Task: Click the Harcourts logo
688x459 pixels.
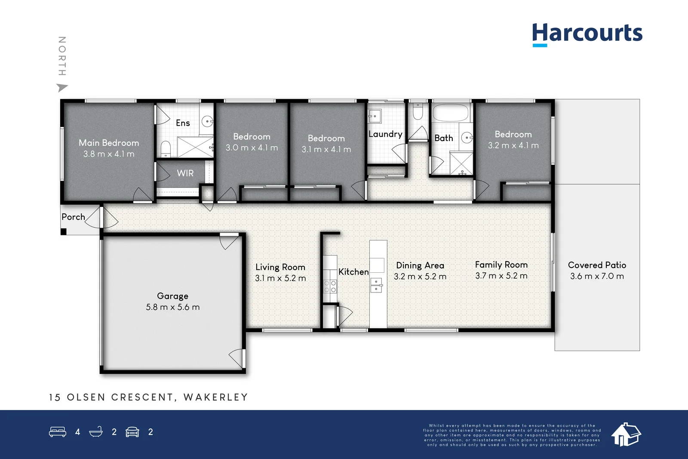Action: (x=587, y=34)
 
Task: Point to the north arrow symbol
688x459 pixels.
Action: (x=62, y=88)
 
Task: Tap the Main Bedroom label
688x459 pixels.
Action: (x=109, y=143)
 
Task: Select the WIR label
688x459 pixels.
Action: (x=185, y=173)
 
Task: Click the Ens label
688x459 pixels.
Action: (x=183, y=123)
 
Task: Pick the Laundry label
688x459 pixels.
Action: (x=385, y=134)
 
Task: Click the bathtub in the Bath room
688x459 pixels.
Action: (x=450, y=114)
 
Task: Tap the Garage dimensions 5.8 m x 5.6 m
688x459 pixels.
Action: (x=172, y=307)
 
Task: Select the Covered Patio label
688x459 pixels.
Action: (x=597, y=265)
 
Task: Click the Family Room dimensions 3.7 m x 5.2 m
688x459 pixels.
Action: (x=501, y=276)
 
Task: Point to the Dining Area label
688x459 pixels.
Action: (x=420, y=265)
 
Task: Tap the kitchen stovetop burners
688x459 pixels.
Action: (x=330, y=286)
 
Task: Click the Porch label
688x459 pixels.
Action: (x=73, y=217)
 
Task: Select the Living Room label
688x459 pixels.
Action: (x=280, y=267)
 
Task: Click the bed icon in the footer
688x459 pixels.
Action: (x=58, y=432)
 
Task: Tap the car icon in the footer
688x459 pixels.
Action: (x=132, y=432)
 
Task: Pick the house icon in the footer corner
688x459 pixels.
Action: (x=626, y=434)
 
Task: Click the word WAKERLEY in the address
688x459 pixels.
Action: (x=216, y=397)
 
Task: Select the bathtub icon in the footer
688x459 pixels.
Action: (x=96, y=432)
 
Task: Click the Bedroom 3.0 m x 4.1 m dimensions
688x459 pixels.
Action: (x=252, y=148)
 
